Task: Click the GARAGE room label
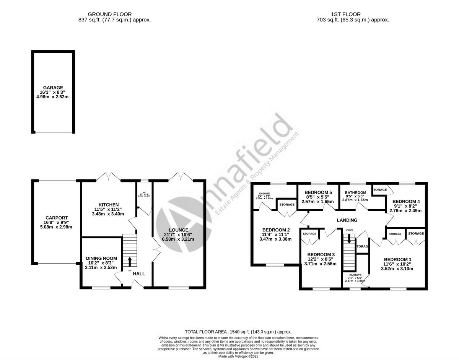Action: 53,88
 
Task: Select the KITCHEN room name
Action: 108,205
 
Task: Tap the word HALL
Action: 139,274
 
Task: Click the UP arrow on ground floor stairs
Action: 129,262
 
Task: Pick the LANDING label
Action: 347,220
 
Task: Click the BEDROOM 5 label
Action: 317,192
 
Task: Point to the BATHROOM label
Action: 355,192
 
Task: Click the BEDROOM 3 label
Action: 321,254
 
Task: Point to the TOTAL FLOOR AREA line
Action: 238,332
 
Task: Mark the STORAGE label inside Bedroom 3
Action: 310,234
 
